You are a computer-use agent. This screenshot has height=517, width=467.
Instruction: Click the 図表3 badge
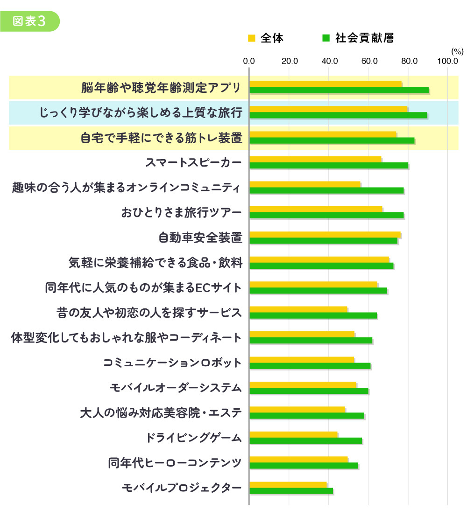pyautogui.click(x=30, y=21)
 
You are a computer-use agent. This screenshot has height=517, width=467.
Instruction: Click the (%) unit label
pyautogui.click(x=456, y=50)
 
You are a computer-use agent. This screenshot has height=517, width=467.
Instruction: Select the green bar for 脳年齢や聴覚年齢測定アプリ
pyautogui.click(x=339, y=90)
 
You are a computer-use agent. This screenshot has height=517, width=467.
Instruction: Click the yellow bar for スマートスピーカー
pyautogui.click(x=315, y=159)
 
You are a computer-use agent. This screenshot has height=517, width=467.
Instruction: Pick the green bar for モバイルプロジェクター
pyautogui.click(x=291, y=490)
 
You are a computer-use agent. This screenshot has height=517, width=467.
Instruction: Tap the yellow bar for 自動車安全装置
pyautogui.click(x=325, y=234)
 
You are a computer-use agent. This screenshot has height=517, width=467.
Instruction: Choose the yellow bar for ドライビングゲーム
pyautogui.click(x=293, y=434)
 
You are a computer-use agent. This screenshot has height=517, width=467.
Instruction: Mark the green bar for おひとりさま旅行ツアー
pyautogui.click(x=326, y=215)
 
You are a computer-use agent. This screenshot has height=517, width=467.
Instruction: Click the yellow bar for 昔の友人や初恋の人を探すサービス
pyautogui.click(x=298, y=309)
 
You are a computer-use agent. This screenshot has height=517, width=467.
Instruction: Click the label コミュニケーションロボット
pyautogui.click(x=173, y=363)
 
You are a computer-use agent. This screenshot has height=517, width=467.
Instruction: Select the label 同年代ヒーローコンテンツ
pyautogui.click(x=175, y=463)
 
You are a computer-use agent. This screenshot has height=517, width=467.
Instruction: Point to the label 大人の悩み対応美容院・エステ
pyautogui.click(x=161, y=412)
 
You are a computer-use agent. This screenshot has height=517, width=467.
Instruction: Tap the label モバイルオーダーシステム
pyautogui.click(x=176, y=388)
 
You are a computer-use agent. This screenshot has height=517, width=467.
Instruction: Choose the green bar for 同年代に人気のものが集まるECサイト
pyautogui.click(x=318, y=290)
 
